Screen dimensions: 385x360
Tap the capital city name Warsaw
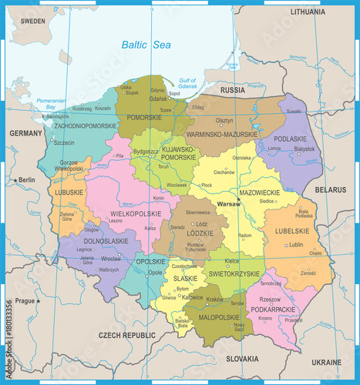tap(229, 204)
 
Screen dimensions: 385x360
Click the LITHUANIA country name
tap(318, 12)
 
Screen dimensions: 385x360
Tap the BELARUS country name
tap(331, 189)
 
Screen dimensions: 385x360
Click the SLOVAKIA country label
tap(243, 359)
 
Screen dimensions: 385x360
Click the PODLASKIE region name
tap(290, 139)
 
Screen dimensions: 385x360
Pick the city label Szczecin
tap(64, 142)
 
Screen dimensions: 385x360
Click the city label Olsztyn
tap(224, 120)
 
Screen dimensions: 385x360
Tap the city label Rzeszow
tap(270, 300)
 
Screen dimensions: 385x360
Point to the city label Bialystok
tap(304, 149)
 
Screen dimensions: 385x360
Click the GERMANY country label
tap(25, 133)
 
